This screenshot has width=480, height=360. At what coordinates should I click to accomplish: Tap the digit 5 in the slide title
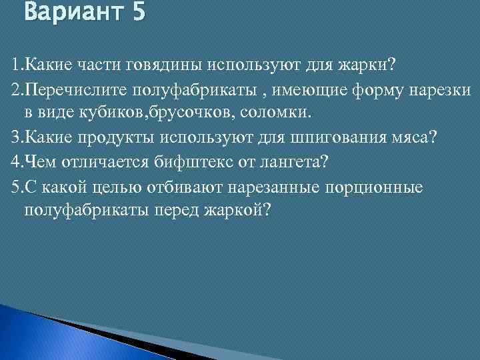click(138, 13)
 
